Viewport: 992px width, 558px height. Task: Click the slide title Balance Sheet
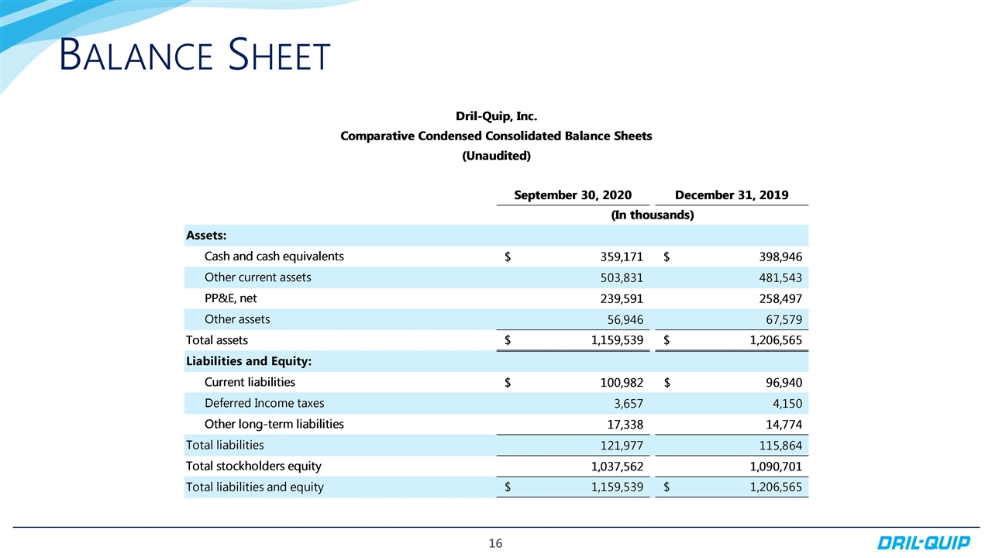point(195,57)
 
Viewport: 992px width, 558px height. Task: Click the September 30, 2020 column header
point(573,195)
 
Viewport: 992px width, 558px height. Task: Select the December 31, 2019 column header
point(732,195)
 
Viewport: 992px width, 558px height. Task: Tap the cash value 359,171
point(617,257)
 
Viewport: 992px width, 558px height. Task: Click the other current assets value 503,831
point(617,277)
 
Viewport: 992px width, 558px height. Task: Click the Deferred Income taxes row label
point(264,403)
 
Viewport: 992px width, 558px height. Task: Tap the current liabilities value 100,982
point(617,382)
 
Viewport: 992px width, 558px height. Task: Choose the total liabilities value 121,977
point(617,446)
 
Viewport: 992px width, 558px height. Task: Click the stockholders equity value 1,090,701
point(770,467)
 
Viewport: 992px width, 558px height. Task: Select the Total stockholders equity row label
point(253,467)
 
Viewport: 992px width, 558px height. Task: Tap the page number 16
point(496,544)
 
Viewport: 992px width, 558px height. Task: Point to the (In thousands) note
point(652,215)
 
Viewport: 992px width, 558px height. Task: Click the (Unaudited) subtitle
point(496,156)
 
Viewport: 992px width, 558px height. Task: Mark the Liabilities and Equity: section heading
point(253,361)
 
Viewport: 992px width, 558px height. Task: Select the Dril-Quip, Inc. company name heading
point(496,117)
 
